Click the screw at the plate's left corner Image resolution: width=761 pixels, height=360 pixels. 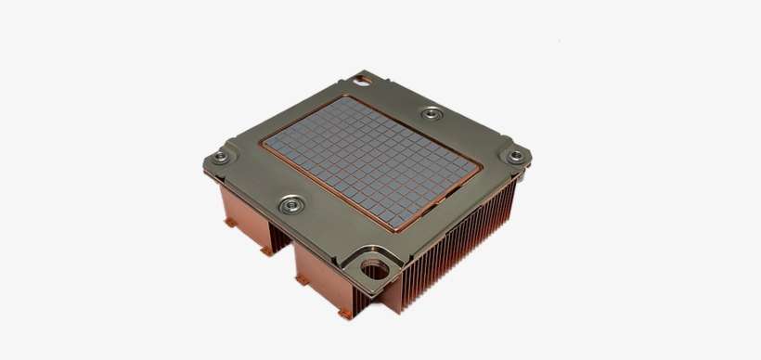click(x=221, y=157)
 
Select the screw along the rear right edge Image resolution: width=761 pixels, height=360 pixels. click(x=432, y=113)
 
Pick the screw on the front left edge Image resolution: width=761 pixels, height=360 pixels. click(x=291, y=203)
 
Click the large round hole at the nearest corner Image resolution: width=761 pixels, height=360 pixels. click(x=376, y=270)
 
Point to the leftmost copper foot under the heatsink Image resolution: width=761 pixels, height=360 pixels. click(x=228, y=223)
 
